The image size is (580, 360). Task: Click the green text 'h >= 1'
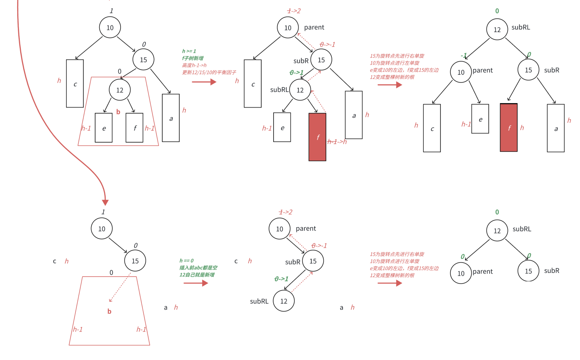(x=189, y=51)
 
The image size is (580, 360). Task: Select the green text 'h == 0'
(x=186, y=261)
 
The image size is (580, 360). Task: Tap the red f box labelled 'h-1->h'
(x=317, y=137)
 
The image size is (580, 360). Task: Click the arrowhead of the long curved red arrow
(x=105, y=202)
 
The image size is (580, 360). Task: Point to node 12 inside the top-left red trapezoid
(x=119, y=90)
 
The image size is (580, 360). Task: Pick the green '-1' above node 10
(x=464, y=56)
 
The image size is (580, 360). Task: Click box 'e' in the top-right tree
(x=480, y=119)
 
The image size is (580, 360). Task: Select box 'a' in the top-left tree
(x=171, y=118)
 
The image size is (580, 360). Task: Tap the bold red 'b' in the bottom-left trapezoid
(x=109, y=311)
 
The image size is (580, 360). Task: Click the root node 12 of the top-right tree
(x=497, y=30)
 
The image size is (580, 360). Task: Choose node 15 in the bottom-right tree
(x=528, y=271)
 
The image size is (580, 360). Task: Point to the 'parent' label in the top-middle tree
(x=314, y=27)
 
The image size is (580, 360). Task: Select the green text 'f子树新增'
(x=193, y=58)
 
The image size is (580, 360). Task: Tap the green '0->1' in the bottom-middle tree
(x=281, y=279)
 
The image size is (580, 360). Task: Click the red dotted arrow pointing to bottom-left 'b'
(x=119, y=288)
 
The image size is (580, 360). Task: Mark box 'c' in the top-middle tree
(x=253, y=84)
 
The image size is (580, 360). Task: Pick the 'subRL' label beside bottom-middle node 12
(x=259, y=301)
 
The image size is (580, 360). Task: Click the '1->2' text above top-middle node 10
(x=294, y=11)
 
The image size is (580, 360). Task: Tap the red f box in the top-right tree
(x=508, y=128)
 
